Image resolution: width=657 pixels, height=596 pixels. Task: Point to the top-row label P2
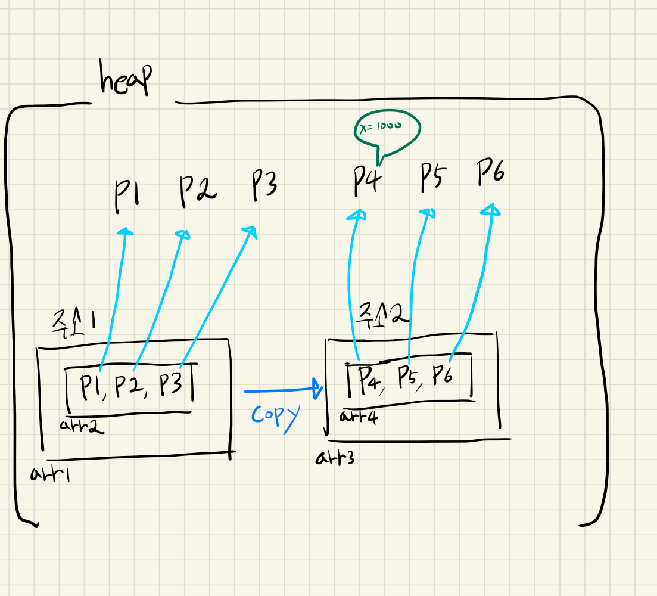point(197,190)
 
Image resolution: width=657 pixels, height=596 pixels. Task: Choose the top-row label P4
point(366,181)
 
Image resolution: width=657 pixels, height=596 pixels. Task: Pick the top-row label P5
point(433,177)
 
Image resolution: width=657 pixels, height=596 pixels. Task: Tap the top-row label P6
point(491,172)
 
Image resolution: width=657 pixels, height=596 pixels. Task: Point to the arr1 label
point(50,473)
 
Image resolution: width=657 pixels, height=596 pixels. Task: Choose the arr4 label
point(359,416)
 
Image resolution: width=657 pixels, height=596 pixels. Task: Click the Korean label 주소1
point(73,324)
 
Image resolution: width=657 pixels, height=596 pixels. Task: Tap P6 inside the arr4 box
point(443,375)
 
